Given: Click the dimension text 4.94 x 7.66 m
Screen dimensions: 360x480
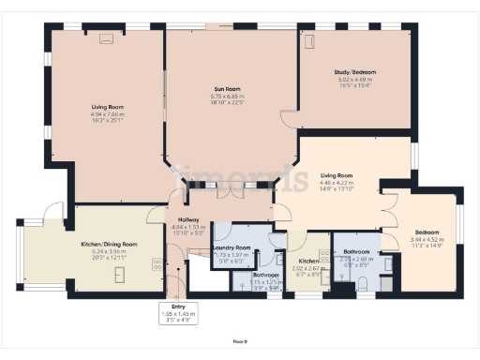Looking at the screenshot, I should tap(109, 113).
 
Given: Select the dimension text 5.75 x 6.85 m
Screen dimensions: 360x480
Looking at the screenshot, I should tap(229, 97).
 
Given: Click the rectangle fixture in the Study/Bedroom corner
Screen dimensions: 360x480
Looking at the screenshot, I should tap(309, 41).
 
